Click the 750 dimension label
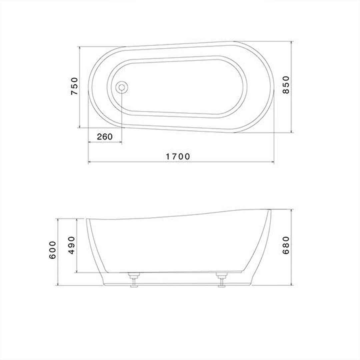click(x=74, y=86)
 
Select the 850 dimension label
click(x=286, y=85)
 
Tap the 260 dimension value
click(x=105, y=137)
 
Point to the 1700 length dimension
click(x=178, y=156)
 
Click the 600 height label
click(x=53, y=250)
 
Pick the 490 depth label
click(x=71, y=245)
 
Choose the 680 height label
click(x=286, y=245)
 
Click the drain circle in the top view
click(x=122, y=87)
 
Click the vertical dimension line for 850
click(x=292, y=110)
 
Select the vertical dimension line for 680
click(x=292, y=267)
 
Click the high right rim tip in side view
click(x=270, y=210)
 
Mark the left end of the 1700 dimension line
click(x=88, y=162)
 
